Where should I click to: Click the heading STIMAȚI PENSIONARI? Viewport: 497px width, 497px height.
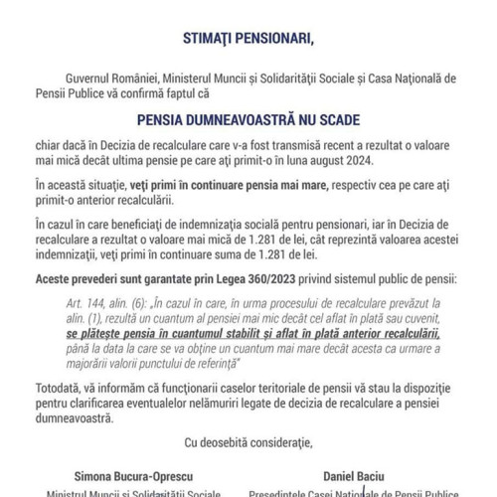click(x=248, y=40)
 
